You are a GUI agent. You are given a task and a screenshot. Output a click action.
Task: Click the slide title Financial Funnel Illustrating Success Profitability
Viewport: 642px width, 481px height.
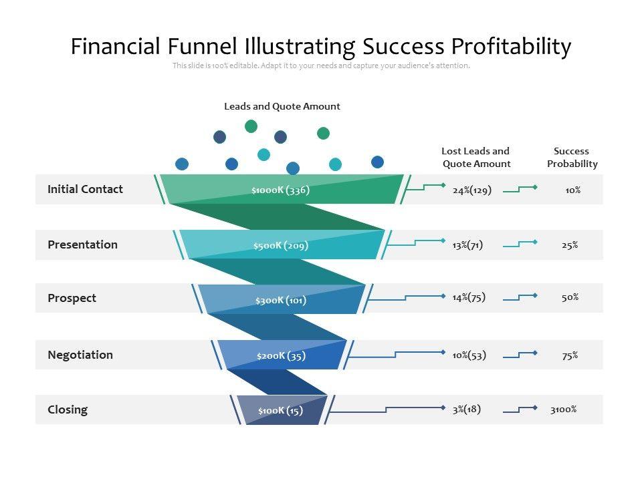(321, 47)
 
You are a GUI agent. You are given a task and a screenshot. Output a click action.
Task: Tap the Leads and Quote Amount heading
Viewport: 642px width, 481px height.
(282, 106)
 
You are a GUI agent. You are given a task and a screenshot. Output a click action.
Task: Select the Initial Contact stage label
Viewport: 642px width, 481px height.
(85, 189)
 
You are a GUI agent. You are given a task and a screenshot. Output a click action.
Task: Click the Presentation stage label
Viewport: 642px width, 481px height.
(82, 245)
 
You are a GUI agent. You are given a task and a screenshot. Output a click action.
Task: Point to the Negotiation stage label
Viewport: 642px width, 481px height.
(80, 355)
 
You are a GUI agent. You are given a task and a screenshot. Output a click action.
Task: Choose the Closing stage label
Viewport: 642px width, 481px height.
(68, 410)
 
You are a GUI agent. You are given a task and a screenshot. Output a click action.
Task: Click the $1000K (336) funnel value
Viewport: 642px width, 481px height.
(280, 190)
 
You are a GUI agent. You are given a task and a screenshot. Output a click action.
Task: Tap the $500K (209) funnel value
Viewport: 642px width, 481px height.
(280, 245)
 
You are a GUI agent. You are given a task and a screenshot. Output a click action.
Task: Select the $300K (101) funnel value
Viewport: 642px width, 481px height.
(280, 300)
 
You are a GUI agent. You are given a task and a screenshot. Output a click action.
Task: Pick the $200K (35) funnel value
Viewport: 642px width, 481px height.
(281, 355)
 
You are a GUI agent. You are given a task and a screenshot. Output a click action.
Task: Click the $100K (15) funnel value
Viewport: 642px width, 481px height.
(280, 410)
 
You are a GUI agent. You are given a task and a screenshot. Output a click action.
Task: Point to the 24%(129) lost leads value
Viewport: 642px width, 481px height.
(471, 190)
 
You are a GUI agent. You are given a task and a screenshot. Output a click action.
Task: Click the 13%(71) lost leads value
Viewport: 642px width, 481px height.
(467, 245)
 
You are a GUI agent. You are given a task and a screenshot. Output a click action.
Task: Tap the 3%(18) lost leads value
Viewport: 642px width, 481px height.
(466, 409)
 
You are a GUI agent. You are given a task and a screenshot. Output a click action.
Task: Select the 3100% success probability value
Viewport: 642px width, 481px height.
(563, 410)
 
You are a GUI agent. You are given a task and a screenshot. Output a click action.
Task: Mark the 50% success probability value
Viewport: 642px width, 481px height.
(570, 297)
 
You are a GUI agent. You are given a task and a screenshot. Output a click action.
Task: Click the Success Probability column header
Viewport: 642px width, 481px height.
(572, 158)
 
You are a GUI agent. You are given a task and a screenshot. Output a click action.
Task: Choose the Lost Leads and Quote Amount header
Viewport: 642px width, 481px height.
(475, 158)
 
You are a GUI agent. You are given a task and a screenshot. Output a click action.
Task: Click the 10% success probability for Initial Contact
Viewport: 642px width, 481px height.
(572, 190)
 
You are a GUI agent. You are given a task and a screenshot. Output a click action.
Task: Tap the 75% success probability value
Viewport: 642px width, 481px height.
(570, 355)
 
